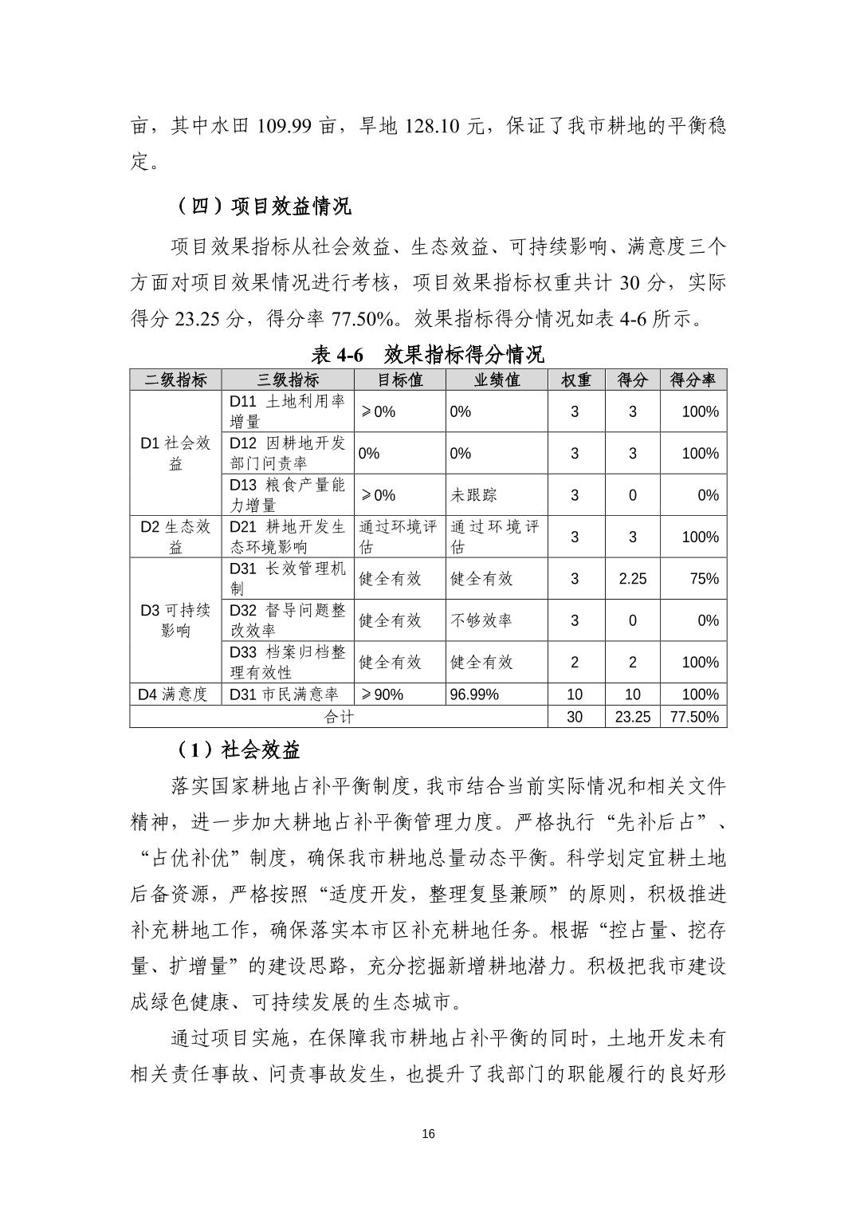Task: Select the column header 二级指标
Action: click(175, 380)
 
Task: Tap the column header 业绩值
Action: click(496, 380)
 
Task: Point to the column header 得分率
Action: click(693, 380)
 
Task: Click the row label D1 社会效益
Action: click(175, 453)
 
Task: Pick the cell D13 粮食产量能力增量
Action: click(287, 495)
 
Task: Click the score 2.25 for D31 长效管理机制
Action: click(632, 579)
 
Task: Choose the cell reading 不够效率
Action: click(481, 620)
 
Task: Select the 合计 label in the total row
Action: click(339, 717)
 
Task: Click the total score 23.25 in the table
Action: click(632, 717)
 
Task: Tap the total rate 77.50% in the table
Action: click(694, 717)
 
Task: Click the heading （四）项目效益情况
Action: click(263, 207)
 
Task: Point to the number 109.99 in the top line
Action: click(283, 126)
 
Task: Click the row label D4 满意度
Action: click(173, 695)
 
